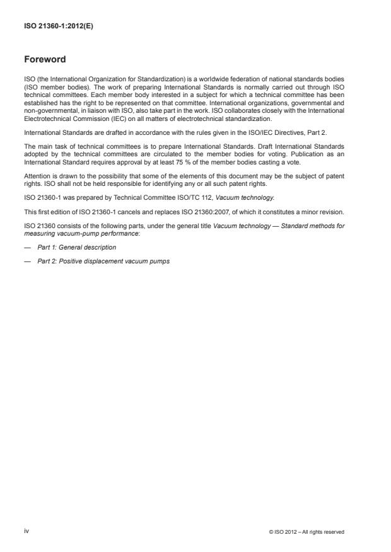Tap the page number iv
[x=26, y=531]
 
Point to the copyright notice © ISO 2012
[x=306, y=532]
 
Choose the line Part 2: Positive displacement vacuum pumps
[x=103, y=260]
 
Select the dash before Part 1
[x=27, y=247]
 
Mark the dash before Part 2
[x=27, y=260]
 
